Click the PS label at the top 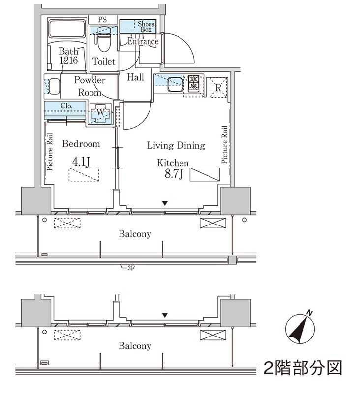click(102, 20)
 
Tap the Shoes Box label click(146, 27)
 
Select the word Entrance click(143, 42)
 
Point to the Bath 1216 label click(68, 56)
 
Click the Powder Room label click(90, 86)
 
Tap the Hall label click(135, 77)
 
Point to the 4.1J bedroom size click(81, 161)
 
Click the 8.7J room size click(174, 175)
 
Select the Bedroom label click(81, 144)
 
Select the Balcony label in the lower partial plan click(134, 346)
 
